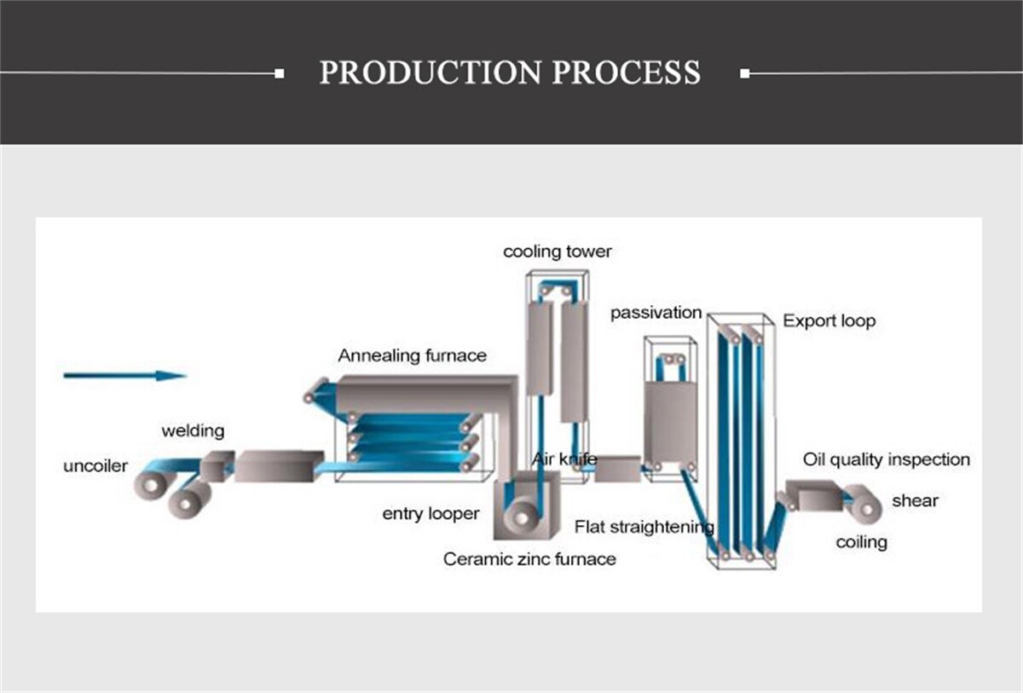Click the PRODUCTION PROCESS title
click(510, 72)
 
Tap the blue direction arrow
click(124, 375)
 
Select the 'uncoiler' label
click(95, 466)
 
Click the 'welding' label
click(193, 430)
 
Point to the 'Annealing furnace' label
click(412, 355)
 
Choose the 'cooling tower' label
click(557, 251)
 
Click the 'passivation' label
click(656, 313)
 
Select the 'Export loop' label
click(829, 321)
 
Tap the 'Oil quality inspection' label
click(886, 459)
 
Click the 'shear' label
click(915, 500)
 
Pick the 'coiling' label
click(861, 542)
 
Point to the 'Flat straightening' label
click(644, 527)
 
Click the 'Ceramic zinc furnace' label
click(529, 559)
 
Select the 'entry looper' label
click(431, 513)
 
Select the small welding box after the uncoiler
click(216, 465)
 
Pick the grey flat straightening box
click(616, 468)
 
